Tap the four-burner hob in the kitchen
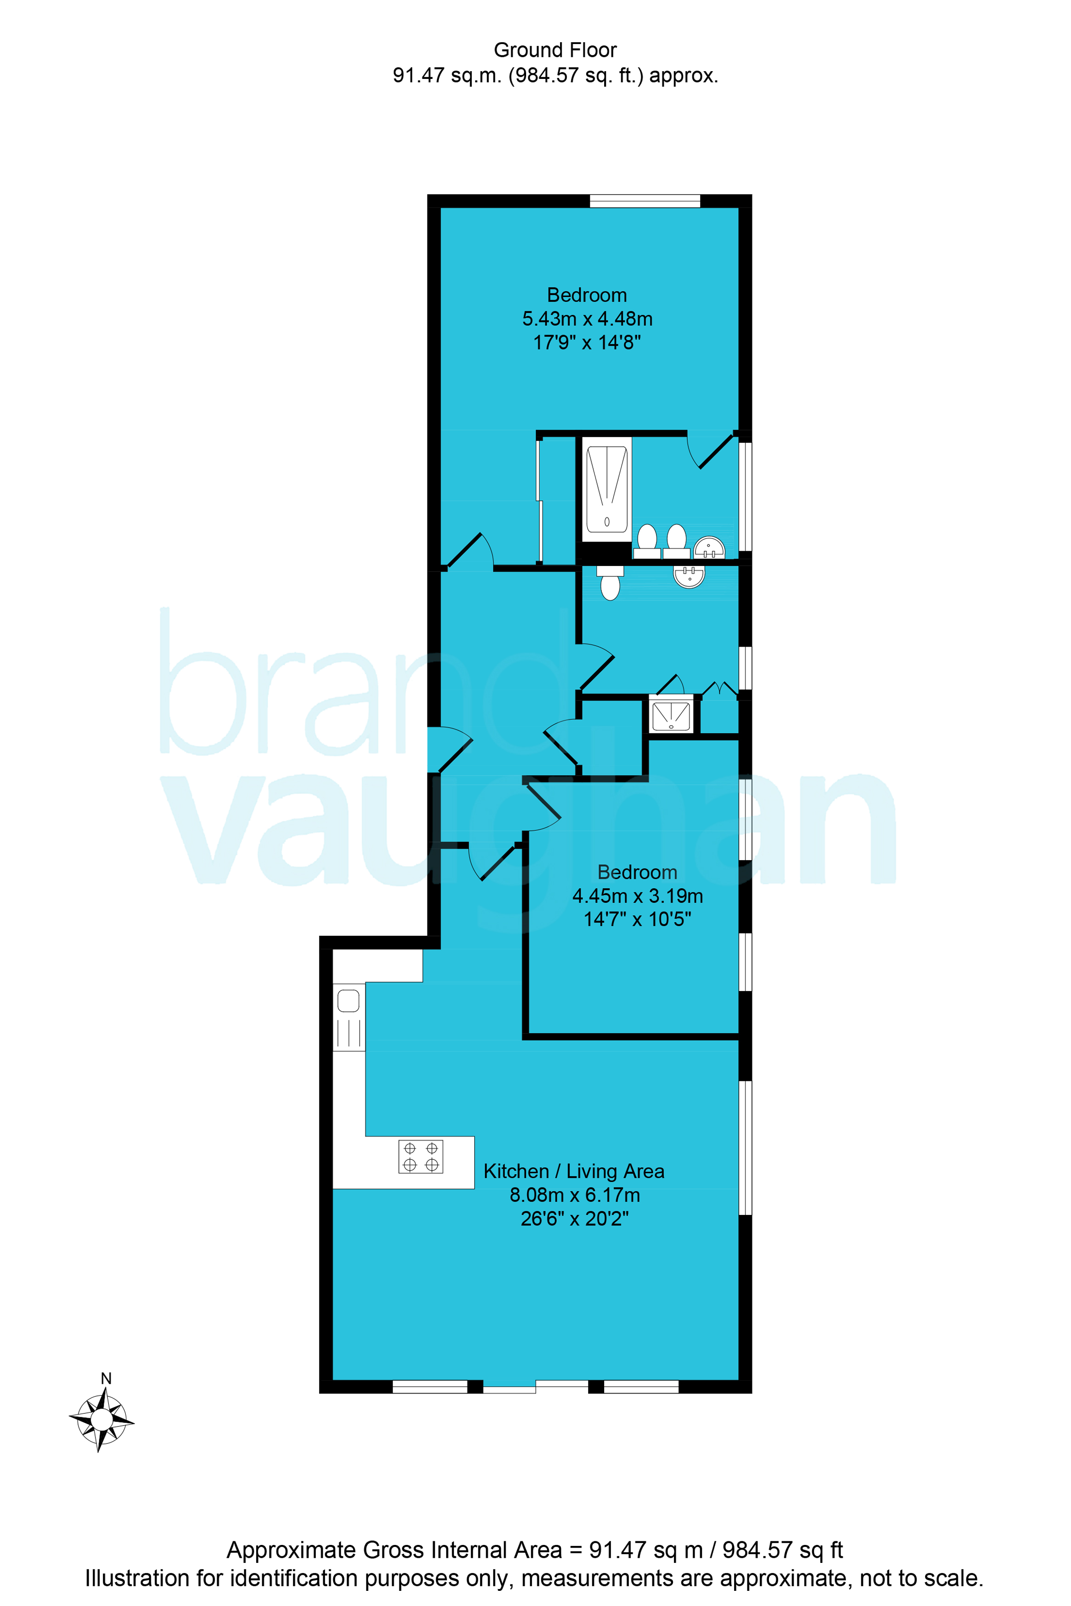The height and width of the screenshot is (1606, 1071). point(421,1157)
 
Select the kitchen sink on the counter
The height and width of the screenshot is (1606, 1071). point(348,1019)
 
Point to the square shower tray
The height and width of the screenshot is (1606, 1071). point(671,716)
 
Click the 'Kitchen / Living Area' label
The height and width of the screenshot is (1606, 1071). point(574,1171)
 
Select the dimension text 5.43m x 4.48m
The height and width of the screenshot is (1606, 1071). point(588,319)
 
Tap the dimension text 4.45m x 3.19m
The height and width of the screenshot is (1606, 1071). point(637,896)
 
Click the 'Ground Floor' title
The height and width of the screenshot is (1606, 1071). point(555,50)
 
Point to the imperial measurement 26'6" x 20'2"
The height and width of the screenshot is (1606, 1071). point(574,1219)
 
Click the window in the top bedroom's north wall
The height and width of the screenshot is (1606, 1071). point(645,201)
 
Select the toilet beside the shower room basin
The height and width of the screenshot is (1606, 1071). point(610,582)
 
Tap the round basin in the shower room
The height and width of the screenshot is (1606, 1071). point(689,576)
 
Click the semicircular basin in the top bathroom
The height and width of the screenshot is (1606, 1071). point(709,548)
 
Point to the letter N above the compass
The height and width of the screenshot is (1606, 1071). point(106,1379)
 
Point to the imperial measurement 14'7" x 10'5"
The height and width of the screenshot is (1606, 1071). point(637,919)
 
